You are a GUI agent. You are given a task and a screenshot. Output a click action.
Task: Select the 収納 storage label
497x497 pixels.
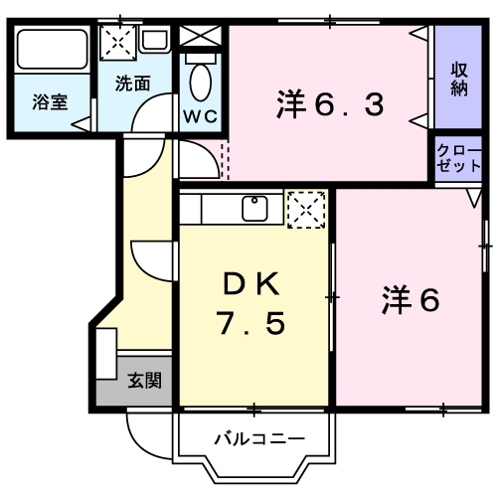point(458,80)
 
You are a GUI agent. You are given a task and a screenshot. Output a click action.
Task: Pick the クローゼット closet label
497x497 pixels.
point(458,159)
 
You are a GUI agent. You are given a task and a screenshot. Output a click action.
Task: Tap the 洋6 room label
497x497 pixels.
point(409,299)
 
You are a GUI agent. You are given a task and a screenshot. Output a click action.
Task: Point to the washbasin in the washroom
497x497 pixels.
point(153,42)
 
